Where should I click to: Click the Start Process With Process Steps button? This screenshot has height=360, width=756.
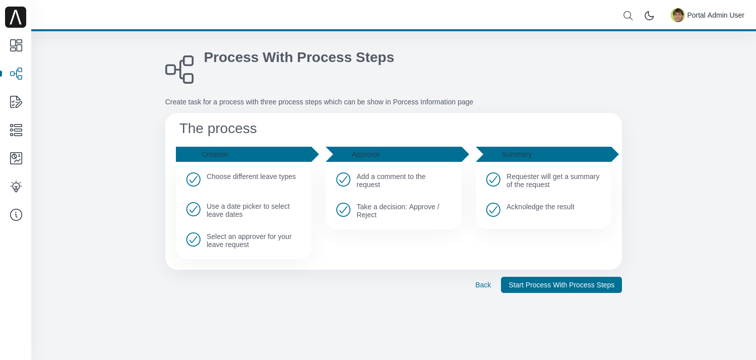[x=561, y=285]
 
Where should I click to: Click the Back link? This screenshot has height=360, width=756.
[x=483, y=285]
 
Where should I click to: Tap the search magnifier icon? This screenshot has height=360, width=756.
[x=628, y=16]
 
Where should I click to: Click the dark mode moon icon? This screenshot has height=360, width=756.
[x=649, y=16]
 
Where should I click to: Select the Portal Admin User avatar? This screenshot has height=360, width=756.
[x=677, y=15]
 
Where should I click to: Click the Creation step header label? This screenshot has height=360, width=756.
[x=215, y=154]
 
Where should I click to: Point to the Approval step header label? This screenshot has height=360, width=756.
[x=365, y=154]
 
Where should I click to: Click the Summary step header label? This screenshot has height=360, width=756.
[x=517, y=154]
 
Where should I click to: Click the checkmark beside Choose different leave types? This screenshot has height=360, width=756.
[x=194, y=179]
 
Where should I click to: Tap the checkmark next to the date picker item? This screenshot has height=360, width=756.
[x=194, y=209]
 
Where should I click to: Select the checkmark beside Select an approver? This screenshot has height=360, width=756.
[x=194, y=239]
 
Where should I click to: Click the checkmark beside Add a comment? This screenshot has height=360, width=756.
[x=343, y=179]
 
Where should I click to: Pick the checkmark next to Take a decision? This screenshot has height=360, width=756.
[x=343, y=210]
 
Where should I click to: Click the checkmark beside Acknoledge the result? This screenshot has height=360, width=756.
[x=493, y=210]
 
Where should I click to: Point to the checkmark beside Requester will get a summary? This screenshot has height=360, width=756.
[x=493, y=179]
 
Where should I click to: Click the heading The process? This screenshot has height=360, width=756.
[x=218, y=129]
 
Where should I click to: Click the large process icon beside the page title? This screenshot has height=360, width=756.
[x=179, y=70]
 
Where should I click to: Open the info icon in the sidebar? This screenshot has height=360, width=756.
[x=16, y=215]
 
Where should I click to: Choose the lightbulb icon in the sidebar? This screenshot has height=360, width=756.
[x=16, y=187]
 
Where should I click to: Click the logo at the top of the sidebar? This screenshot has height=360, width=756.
[x=16, y=17]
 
